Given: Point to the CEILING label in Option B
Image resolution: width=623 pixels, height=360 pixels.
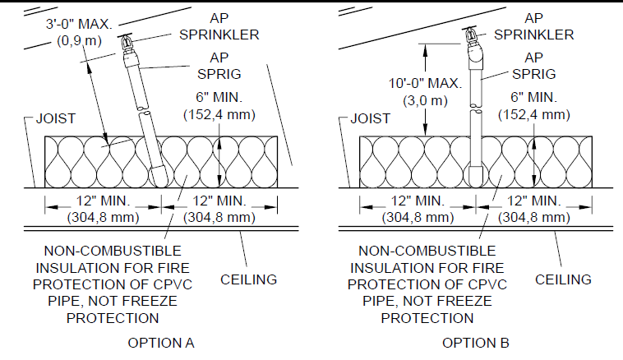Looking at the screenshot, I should coord(563,279).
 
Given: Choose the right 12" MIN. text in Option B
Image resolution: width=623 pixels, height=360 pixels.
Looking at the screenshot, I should coord(528,201).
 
